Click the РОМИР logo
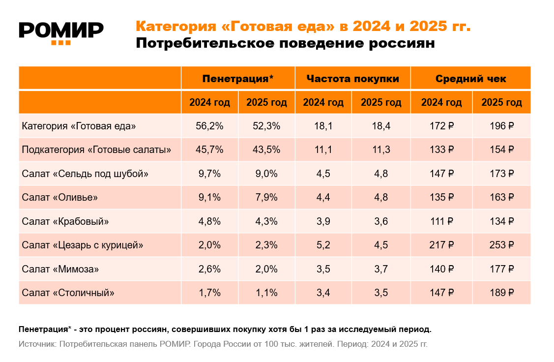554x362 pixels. coord(61,32)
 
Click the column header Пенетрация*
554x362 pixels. coord(238,79)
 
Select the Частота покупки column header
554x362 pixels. coord(352,79)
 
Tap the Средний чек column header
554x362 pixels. coord(470,79)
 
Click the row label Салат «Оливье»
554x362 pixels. coord(60,198)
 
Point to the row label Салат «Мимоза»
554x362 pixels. coord(60,269)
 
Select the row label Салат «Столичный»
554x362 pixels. coord(68,293)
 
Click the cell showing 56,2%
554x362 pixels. coord(209,126)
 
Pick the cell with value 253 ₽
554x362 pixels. coord(501,245)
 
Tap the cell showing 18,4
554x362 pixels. coord(381,126)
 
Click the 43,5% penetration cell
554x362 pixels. coord(266,150)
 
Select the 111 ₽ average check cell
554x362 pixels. coord(441,221)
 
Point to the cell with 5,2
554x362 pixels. coord(323,245)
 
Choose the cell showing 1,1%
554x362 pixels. coord(266,293)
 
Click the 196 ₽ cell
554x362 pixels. coord(501,126)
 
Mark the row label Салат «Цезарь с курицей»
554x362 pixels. coord(83,245)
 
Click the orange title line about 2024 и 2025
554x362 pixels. coord(303,26)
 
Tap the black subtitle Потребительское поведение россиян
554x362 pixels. coord(285,44)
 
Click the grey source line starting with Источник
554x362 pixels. coord(223,344)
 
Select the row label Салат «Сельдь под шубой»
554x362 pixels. coord(85,174)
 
